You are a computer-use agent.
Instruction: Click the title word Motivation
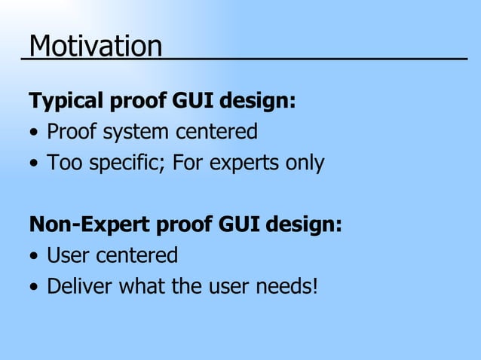[95, 47]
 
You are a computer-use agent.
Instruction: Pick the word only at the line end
[303, 163]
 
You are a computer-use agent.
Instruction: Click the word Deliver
[74, 286]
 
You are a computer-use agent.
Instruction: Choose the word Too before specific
[61, 163]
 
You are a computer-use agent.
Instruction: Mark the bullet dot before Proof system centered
[34, 133]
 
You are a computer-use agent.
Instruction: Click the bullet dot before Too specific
[34, 164]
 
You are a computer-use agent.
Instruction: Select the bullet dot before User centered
[34, 257]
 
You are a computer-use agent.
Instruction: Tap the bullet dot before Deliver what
[34, 288]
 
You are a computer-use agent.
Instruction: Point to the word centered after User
[136, 255]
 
